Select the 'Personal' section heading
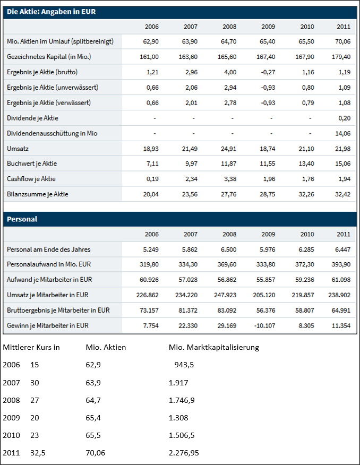(x=22, y=219)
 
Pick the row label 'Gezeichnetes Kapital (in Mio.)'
(x=48, y=56)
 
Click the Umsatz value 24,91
(x=228, y=148)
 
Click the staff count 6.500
(x=228, y=249)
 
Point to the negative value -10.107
(x=265, y=325)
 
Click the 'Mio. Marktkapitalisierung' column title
(x=213, y=348)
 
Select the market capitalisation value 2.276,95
(x=184, y=453)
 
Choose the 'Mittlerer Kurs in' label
(x=31, y=348)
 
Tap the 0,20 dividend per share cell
(x=344, y=118)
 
